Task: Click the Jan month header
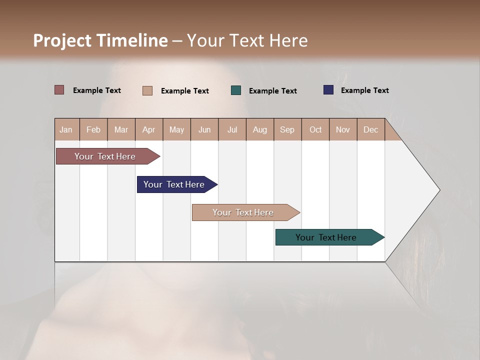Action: tap(66, 129)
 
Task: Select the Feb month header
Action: tap(93, 129)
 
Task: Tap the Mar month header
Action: tap(121, 129)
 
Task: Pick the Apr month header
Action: tap(149, 129)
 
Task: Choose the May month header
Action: tap(176, 129)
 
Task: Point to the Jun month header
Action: tap(204, 129)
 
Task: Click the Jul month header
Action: tap(232, 129)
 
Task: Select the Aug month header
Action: tap(260, 129)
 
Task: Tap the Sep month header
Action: tap(287, 129)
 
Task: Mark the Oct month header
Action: tap(315, 129)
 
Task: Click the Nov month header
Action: tap(343, 129)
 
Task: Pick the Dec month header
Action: tap(371, 129)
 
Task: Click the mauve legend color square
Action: tap(59, 90)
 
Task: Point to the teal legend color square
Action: tap(236, 90)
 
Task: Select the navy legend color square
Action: tap(328, 90)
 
